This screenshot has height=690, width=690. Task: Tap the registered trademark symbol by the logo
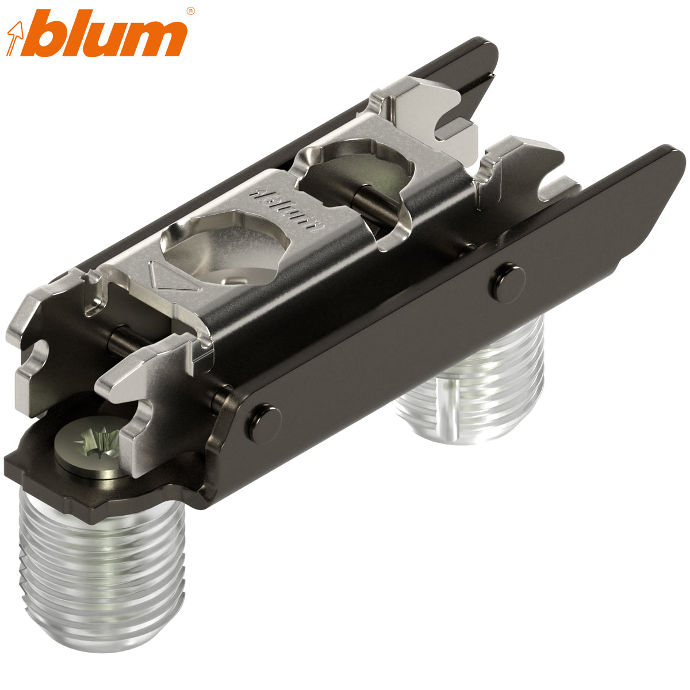[191, 10]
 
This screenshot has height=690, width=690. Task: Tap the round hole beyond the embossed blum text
[356, 172]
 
